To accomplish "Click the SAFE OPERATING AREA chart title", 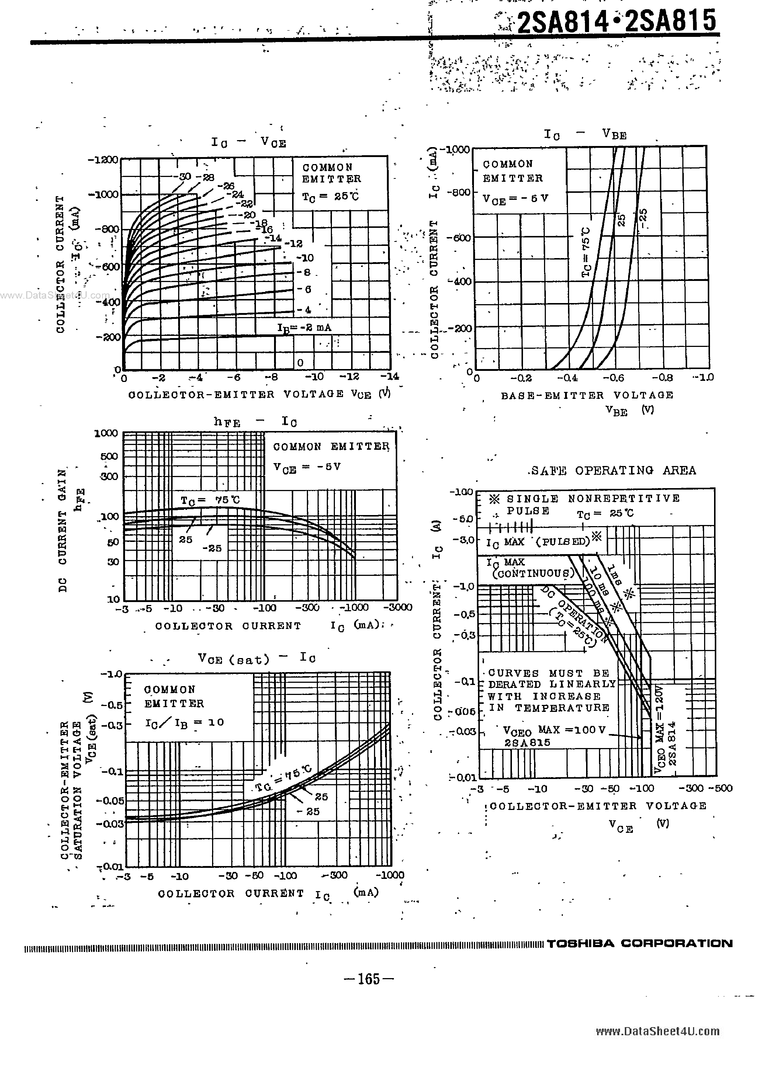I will tap(613, 470).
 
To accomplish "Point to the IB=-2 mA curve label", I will tap(304, 328).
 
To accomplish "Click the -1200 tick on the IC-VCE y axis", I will tap(103, 160).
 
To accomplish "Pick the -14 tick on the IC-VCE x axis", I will tap(389, 376).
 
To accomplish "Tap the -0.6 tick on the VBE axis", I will tap(613, 378).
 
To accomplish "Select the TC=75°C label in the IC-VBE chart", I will tap(586, 252).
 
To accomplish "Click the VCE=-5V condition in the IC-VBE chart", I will tap(515, 198).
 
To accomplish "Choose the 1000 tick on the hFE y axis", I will tap(106, 433).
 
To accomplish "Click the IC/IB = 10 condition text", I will tap(185, 723).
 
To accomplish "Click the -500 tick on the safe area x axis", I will tap(720, 788).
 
